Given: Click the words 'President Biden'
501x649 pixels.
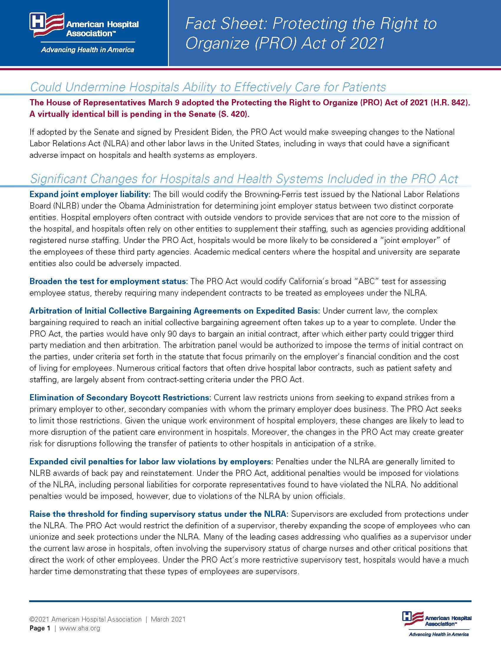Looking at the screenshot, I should point(202,132).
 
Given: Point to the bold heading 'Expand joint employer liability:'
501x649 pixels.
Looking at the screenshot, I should point(90,194).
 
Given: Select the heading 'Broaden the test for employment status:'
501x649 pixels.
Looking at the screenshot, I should point(109,281).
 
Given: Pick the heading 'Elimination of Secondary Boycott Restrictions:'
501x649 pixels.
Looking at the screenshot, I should point(120,397).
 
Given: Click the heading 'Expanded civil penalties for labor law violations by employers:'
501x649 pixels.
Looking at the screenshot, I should point(151,461).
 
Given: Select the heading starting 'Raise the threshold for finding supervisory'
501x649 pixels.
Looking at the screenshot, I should point(159,514).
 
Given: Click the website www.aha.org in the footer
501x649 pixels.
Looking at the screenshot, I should point(80,628).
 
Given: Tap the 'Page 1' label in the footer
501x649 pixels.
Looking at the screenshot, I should point(40,628).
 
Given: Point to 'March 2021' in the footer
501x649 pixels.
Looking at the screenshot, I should point(168,619).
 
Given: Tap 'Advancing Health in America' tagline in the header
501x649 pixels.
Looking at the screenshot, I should point(88,50).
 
